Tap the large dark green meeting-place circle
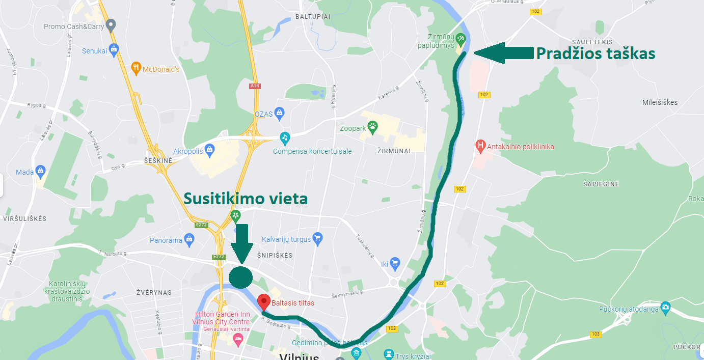(240, 277)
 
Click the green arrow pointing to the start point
(501, 53)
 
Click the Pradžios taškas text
(595, 53)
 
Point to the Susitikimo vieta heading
(246, 199)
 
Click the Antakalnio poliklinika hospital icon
(480, 146)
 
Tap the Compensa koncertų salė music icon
(285, 137)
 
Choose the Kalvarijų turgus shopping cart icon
(318, 237)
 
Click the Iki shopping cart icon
(395, 263)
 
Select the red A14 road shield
(255, 86)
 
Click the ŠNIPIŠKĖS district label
(275, 255)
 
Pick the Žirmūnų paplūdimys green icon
(460, 38)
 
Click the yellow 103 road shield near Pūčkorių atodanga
(595, 334)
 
